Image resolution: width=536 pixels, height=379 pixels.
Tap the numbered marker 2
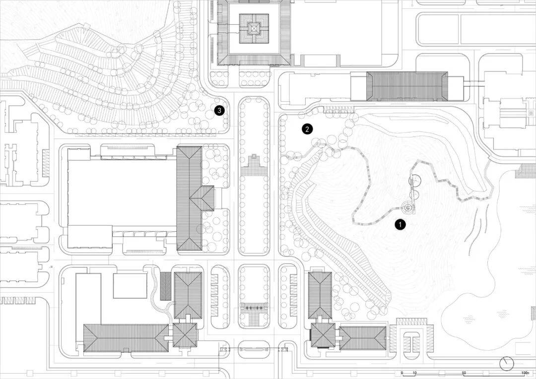(x=307, y=129)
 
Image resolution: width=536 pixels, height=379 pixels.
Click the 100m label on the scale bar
(x=525, y=373)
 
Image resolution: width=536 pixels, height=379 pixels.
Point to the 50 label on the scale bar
(x=464, y=373)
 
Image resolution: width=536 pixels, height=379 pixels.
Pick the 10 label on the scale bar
(x=415, y=373)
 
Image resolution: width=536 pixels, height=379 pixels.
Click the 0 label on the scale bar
(x=402, y=373)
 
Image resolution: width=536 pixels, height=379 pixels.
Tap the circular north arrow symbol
(x=507, y=364)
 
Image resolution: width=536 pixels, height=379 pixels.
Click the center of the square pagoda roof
(x=254, y=30)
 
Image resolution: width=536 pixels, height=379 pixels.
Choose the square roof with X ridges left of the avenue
(x=185, y=335)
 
